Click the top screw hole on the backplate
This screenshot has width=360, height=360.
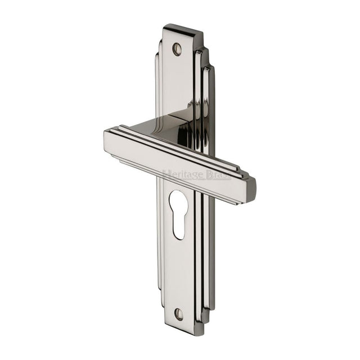coord(177,49)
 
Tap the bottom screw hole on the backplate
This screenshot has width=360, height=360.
coord(179,313)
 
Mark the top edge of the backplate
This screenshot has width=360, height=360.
coord(181,26)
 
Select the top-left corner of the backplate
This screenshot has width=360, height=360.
coord(164,29)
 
